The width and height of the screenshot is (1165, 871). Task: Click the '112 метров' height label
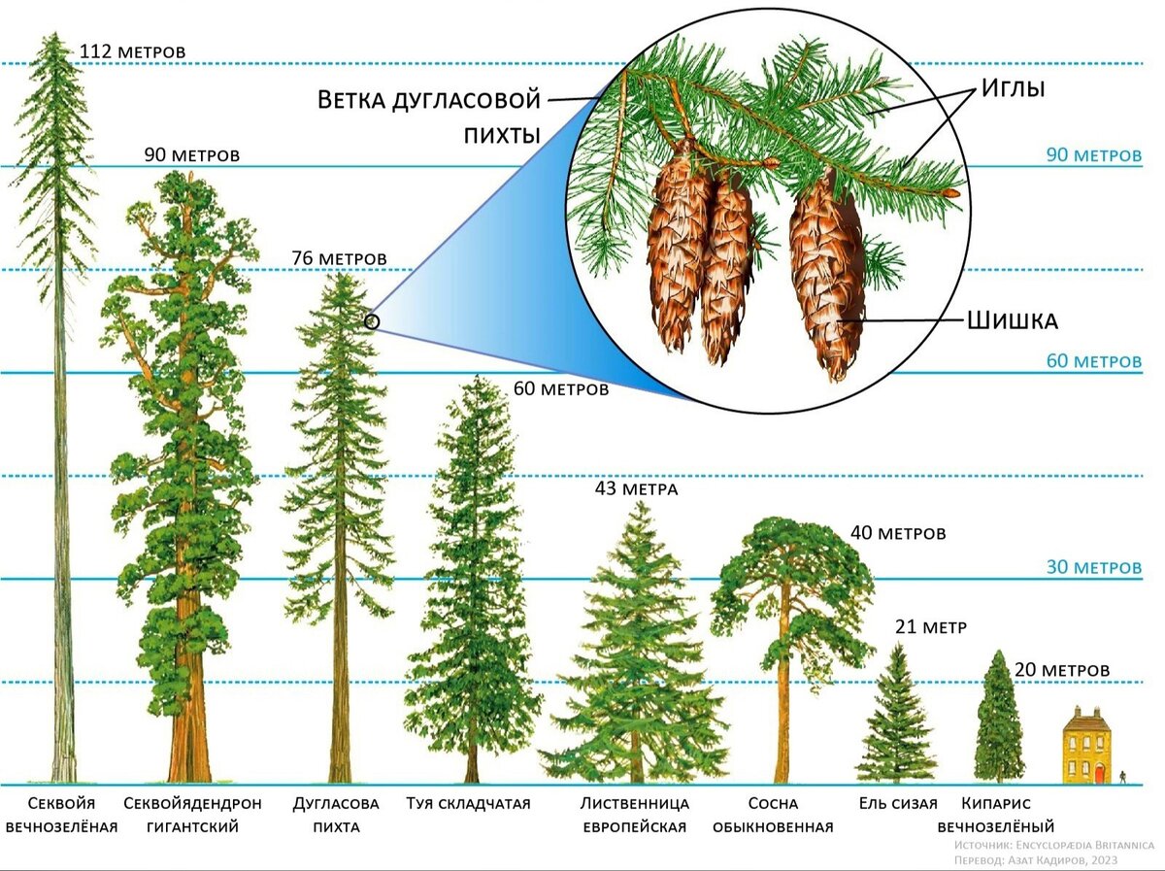click(132, 50)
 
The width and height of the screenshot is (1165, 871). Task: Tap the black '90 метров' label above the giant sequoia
click(191, 154)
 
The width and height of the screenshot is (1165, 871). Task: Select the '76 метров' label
click(339, 258)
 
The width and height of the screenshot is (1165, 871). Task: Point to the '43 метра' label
click(636, 488)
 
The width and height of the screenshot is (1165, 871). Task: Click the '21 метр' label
click(930, 626)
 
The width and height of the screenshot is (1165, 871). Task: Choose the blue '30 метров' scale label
click(1093, 567)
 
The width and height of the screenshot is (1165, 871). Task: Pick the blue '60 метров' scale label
click(1093, 361)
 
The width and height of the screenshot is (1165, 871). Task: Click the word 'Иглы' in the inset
click(1012, 88)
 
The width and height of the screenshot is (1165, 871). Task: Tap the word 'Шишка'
click(1012, 320)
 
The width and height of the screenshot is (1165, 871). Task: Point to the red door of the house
click(1099, 774)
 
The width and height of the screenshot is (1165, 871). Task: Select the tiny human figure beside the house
click(1123, 777)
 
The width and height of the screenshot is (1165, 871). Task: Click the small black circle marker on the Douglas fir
click(372, 321)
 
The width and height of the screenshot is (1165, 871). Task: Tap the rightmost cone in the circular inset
click(826, 272)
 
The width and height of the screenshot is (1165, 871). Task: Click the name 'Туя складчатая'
click(468, 803)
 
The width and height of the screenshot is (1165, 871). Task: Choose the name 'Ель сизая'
click(898, 803)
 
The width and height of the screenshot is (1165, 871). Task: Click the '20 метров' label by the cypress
click(1061, 670)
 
